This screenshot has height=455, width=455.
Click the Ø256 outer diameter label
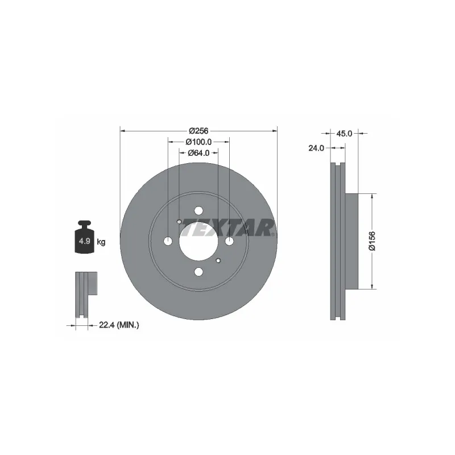point(198,131)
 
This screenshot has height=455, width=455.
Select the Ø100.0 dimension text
point(198,142)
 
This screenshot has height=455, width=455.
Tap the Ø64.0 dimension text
point(198,152)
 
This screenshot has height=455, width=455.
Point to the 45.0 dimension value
point(344,134)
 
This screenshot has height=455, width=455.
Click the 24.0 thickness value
point(316,148)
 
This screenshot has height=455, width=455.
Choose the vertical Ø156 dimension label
point(372,241)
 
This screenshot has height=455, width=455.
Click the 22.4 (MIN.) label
point(119,325)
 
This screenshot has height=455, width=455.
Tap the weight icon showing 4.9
point(84,237)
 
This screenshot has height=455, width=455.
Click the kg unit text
point(101,242)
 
